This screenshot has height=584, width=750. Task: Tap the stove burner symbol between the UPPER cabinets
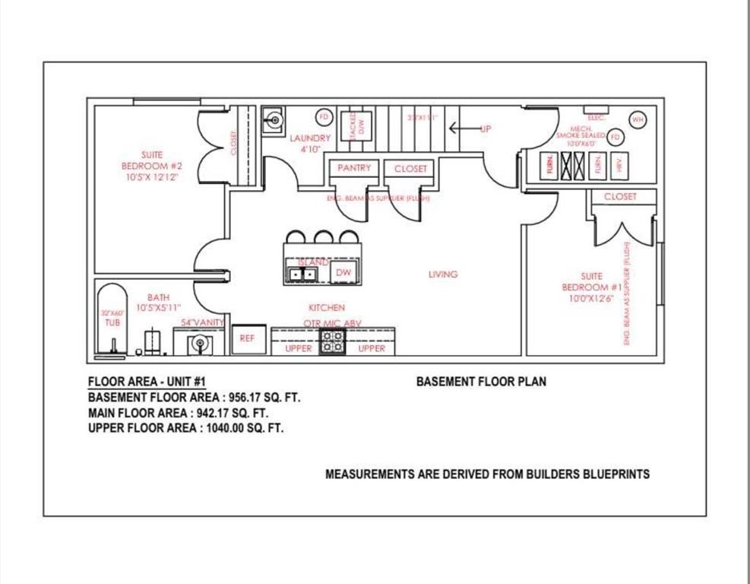tap(333, 343)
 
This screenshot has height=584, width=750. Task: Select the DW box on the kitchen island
tap(343, 272)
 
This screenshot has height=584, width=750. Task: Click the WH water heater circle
tap(638, 119)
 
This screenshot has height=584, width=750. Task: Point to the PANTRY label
tap(353, 168)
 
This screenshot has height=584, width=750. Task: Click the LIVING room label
tap(443, 275)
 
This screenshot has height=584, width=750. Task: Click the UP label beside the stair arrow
tap(485, 129)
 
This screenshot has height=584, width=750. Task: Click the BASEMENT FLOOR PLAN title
tap(480, 382)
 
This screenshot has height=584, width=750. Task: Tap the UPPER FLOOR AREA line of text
tap(186, 428)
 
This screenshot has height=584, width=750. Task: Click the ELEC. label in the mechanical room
tap(596, 118)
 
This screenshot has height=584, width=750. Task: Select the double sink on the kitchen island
tap(303, 274)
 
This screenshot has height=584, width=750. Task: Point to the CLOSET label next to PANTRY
tap(410, 169)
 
